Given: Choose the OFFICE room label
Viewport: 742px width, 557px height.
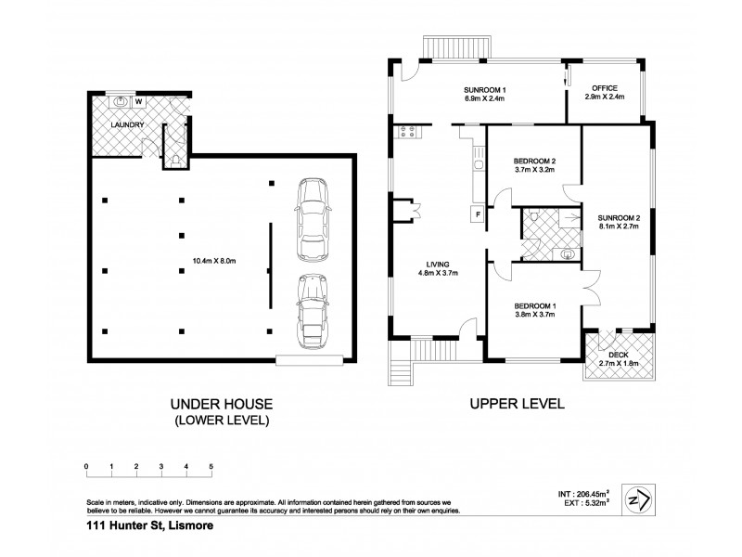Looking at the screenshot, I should (x=605, y=88).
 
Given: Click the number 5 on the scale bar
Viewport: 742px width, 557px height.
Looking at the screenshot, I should (x=211, y=466).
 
